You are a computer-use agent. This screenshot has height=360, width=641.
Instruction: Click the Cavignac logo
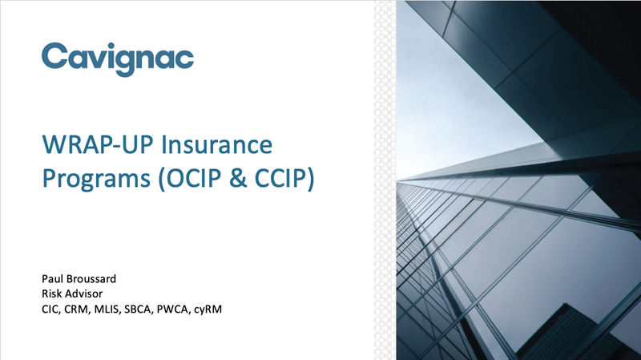pos(118,59)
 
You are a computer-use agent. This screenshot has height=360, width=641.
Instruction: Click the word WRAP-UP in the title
pos(98,144)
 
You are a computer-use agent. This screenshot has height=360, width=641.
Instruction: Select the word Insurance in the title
pos(216,144)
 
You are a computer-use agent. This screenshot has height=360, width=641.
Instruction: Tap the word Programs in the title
pos(96,179)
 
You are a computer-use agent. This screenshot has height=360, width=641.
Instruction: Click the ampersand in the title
pos(238,179)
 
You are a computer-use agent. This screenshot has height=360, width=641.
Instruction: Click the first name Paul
pos(53,279)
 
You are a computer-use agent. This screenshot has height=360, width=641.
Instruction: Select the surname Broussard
pos(91,279)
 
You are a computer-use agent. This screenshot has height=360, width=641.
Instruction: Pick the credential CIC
pos(51,309)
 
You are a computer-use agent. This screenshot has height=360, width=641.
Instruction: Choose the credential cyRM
pos(208,309)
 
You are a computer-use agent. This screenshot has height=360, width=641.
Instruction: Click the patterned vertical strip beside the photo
pos(385,180)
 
